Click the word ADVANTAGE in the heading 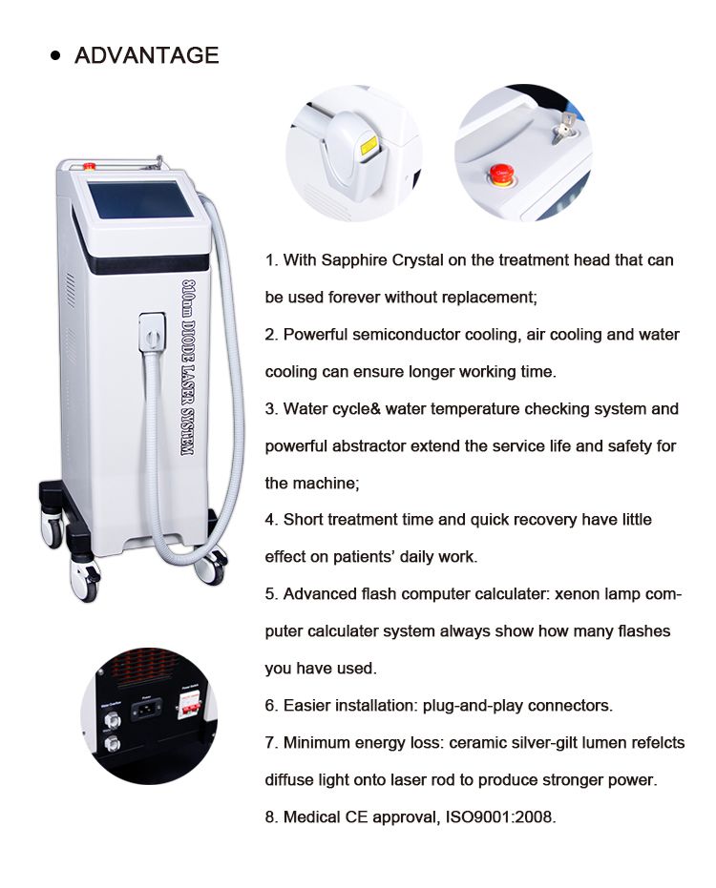tap(146, 55)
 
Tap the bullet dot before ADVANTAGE tap(55, 55)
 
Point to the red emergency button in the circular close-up tap(501, 174)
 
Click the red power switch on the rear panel tap(189, 705)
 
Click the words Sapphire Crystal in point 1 tap(383, 260)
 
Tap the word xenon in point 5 tap(578, 594)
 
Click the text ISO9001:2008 tap(500, 816)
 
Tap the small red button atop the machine tap(90, 166)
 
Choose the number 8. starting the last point tap(271, 816)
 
